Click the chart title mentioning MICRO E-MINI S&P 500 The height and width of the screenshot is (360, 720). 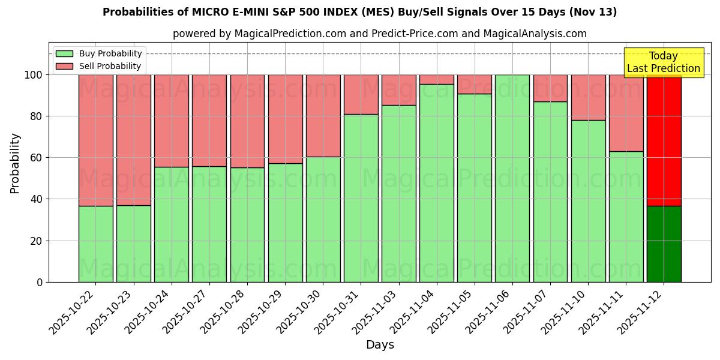click(359, 12)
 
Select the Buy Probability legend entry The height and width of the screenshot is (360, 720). click(110, 53)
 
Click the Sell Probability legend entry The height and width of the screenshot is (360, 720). click(110, 66)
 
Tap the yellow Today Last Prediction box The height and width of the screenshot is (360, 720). click(664, 62)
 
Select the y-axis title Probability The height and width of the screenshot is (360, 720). click(15, 163)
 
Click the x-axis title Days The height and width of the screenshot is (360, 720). click(380, 345)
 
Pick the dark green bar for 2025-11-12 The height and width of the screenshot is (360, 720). click(664, 244)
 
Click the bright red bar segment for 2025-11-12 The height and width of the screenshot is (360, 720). click(664, 140)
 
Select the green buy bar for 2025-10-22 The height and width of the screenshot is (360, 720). click(96, 244)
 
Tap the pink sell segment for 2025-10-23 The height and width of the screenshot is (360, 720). click(134, 140)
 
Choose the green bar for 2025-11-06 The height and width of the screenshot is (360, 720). click(512, 178)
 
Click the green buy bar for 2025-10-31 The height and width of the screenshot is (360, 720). click(361, 198)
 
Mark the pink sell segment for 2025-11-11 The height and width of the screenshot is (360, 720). click(626, 113)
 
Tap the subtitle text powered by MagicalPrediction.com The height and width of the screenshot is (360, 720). click(380, 34)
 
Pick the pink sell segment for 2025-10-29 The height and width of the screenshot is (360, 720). click(285, 119)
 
